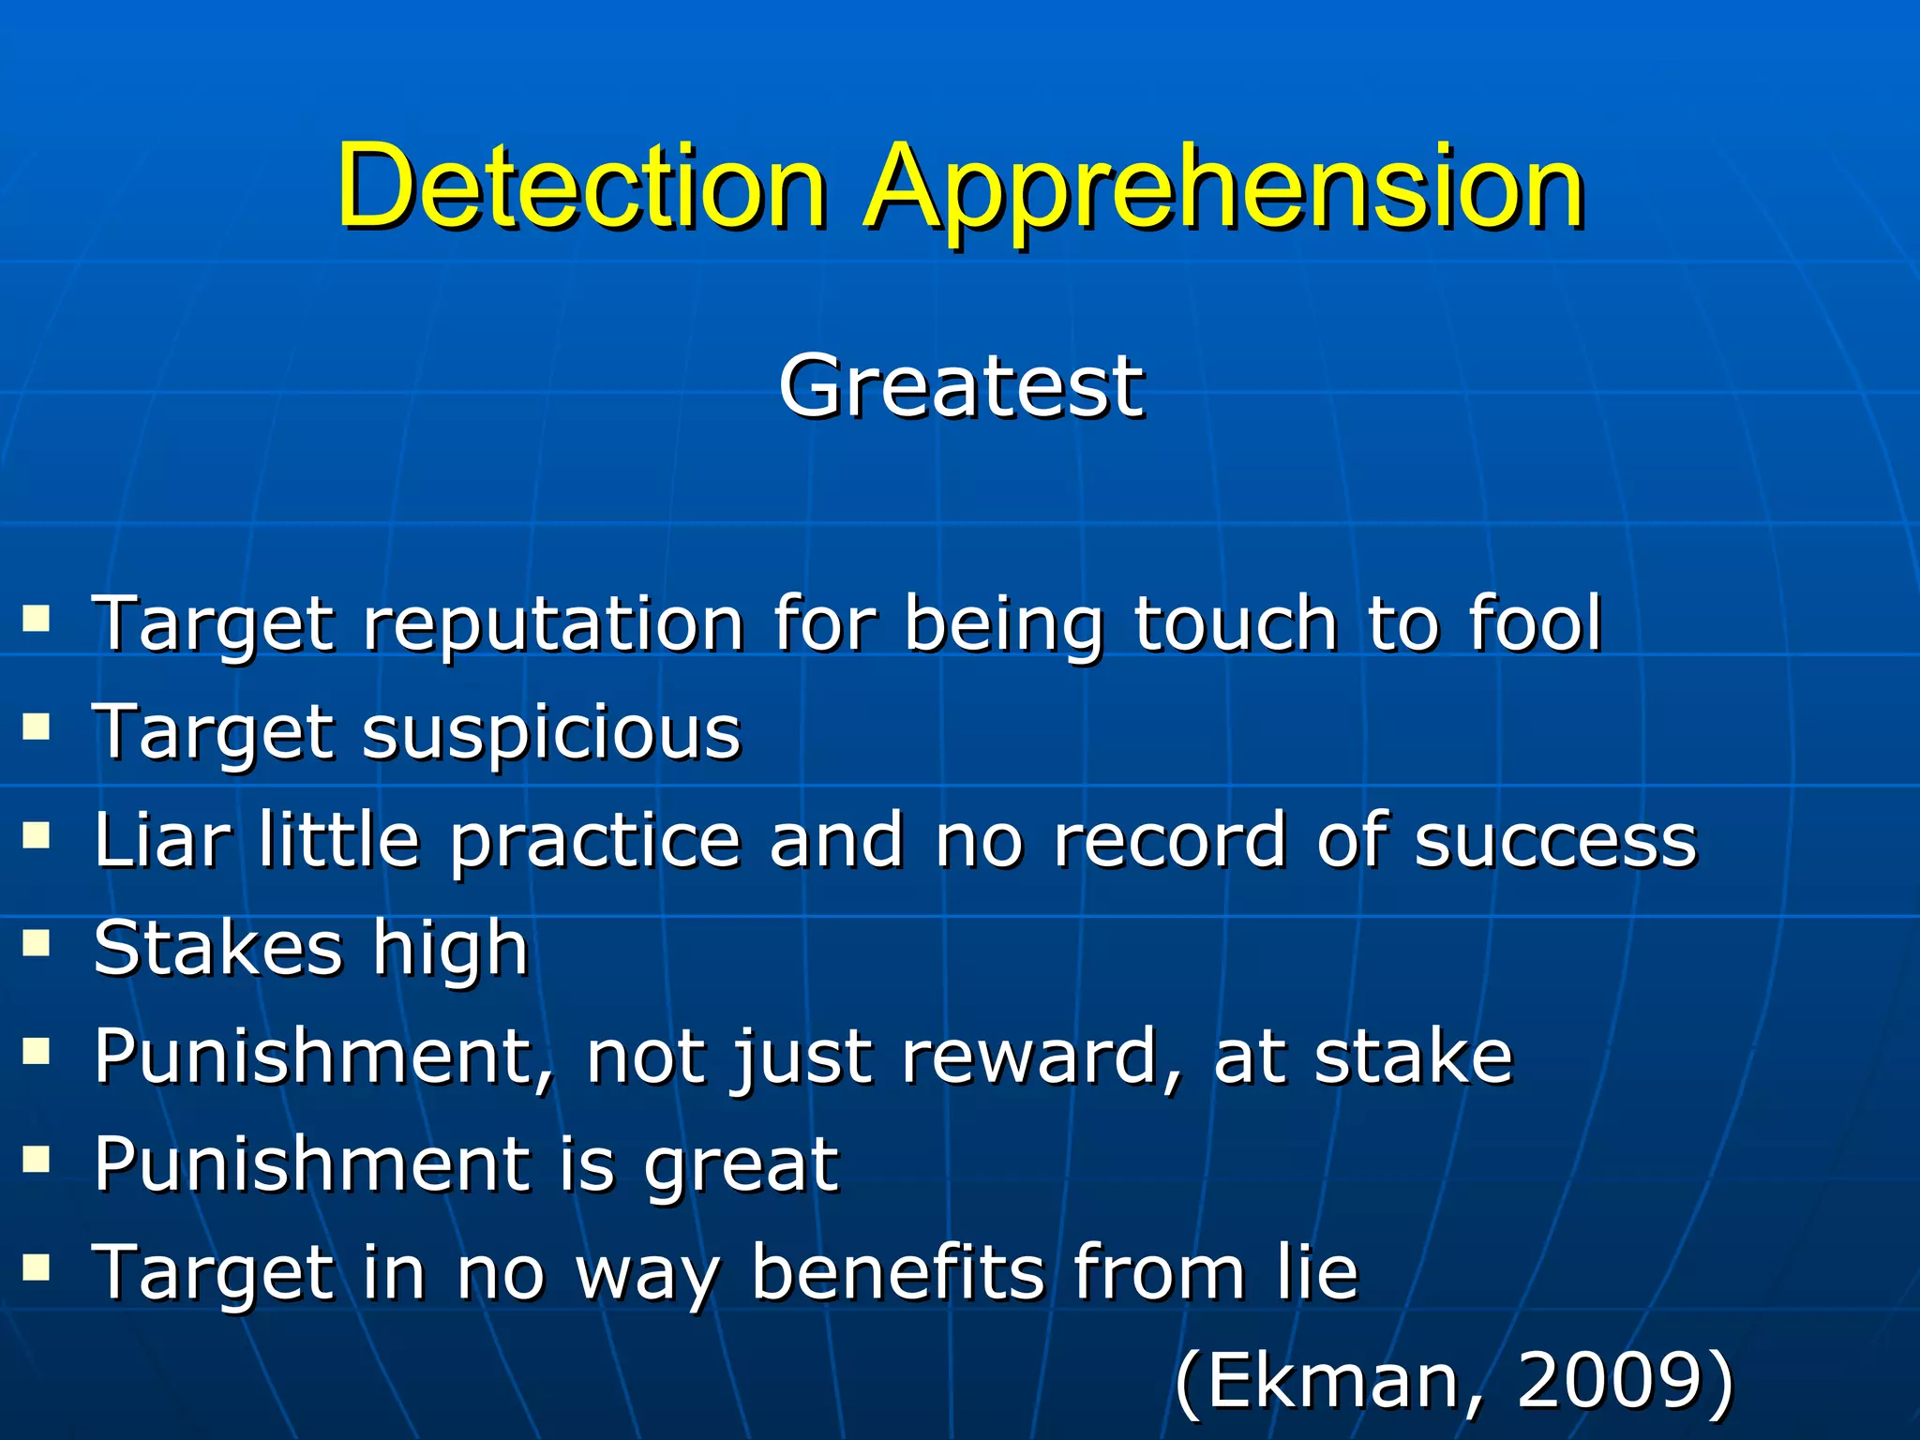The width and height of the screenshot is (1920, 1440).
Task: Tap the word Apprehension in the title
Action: [1223, 192]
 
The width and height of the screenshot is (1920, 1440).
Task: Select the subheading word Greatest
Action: [961, 386]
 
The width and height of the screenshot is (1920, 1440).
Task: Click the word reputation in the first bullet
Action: [553, 624]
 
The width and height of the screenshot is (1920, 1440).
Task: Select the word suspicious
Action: [551, 732]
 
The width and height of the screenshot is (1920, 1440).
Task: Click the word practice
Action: [595, 841]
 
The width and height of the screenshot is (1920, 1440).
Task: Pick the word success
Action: [1555, 841]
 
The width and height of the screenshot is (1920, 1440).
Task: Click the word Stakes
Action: [217, 948]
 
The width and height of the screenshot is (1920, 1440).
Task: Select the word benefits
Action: [897, 1272]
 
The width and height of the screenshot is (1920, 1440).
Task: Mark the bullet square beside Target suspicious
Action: [37, 727]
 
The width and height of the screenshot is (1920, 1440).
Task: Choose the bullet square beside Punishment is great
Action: [37, 1161]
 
